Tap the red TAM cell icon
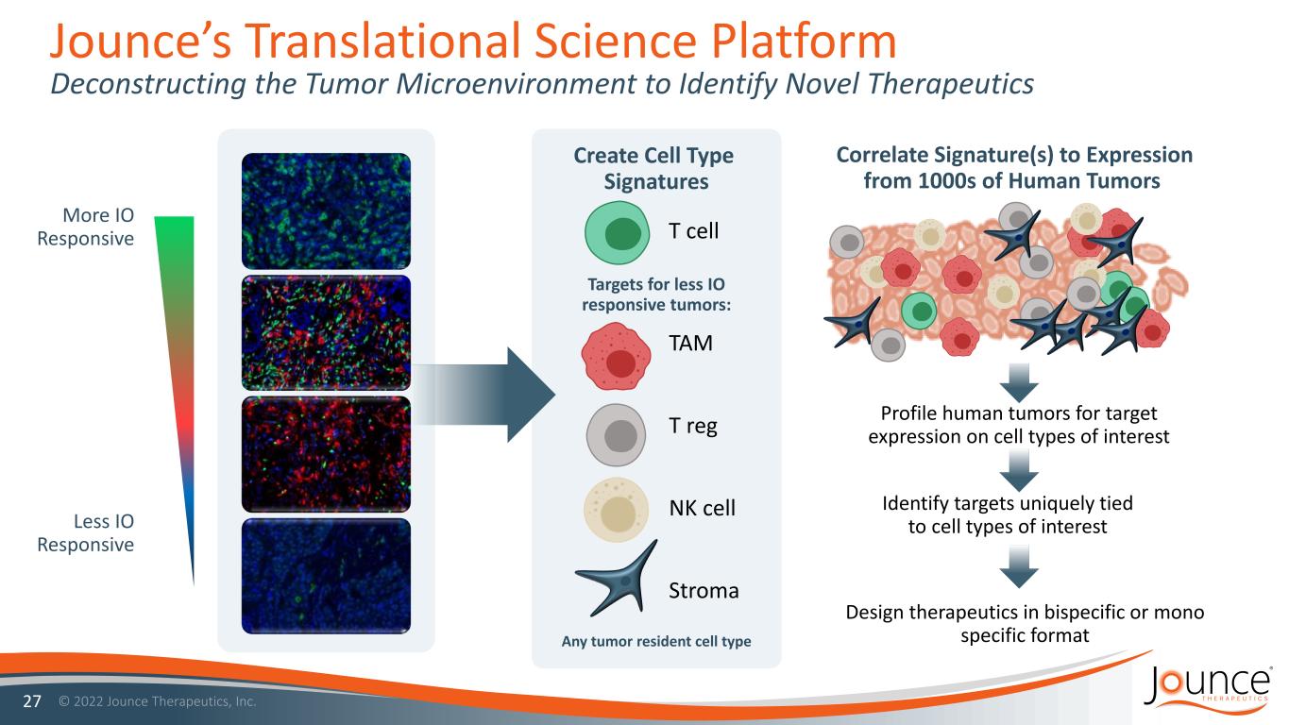coord(619,355)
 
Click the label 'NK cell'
coord(702,508)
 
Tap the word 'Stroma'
coord(704,591)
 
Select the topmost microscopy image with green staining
coord(327,210)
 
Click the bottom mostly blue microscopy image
coord(327,575)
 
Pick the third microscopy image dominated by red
coord(327,453)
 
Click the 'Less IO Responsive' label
coord(85,533)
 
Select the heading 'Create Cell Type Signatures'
coord(654,168)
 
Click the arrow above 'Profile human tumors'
coord(1017,382)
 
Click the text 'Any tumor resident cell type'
coord(656,642)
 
